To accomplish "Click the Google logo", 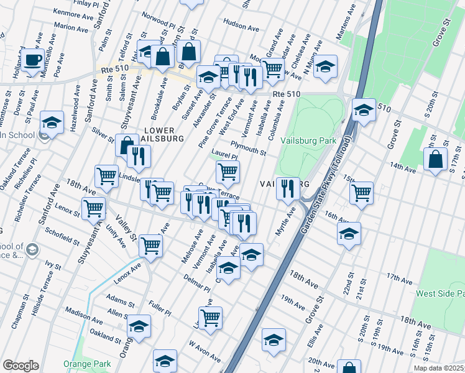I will pyautogui.click(x=21, y=365).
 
